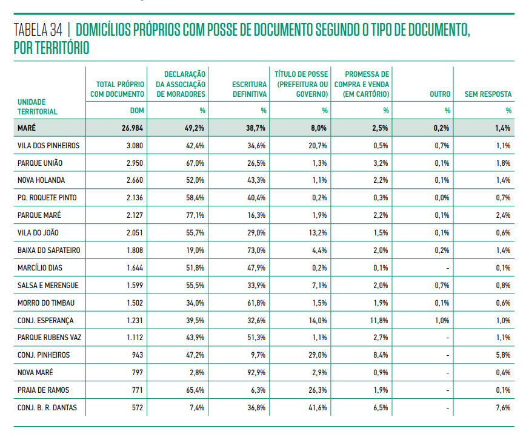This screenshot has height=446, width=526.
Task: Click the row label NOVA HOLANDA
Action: tap(41, 180)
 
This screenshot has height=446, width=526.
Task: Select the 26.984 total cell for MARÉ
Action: tap(132, 128)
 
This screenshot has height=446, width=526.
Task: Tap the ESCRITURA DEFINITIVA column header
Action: tap(249, 89)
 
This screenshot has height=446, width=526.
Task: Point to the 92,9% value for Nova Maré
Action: tap(256, 373)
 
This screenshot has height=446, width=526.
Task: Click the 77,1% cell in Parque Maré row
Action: tap(195, 215)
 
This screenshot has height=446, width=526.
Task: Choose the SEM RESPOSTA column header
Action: tap(488, 94)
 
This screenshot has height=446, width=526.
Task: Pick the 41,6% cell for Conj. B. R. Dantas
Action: tap(318, 408)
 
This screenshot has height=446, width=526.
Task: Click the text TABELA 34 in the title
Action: tap(38, 30)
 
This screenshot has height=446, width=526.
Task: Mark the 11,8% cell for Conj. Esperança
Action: tap(379, 321)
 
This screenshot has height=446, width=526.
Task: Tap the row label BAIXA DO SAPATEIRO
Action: tap(48, 251)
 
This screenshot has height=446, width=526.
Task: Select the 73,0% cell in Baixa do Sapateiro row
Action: tap(256, 251)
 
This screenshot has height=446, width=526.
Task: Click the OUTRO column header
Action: tap(440, 94)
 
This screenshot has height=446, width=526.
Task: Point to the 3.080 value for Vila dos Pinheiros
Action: tap(135, 146)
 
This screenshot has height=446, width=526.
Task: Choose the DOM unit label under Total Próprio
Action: tap(137, 111)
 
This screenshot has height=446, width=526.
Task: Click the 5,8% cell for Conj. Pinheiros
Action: tap(503, 355)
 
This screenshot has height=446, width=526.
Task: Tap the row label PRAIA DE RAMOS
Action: tap(43, 390)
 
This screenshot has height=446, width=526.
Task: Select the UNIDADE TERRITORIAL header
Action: tap(37, 107)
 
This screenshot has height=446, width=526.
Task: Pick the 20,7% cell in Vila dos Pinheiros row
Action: tap(318, 146)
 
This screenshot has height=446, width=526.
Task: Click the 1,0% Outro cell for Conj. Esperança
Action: tap(442, 321)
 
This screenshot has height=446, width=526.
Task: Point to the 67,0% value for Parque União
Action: tap(195, 163)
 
